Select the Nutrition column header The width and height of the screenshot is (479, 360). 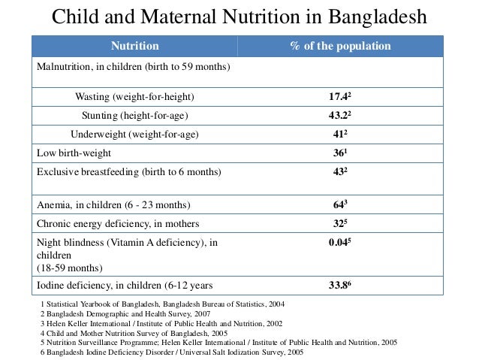pyautogui.click(x=135, y=47)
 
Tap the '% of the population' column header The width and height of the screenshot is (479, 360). pyautogui.click(x=340, y=47)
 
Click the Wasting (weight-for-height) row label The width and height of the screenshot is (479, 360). pyautogui.click(x=134, y=97)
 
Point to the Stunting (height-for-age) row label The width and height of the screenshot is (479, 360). pyautogui.click(x=134, y=116)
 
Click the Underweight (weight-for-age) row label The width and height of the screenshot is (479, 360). pyautogui.click(x=134, y=135)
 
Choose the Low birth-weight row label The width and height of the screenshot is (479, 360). pyautogui.click(x=73, y=153)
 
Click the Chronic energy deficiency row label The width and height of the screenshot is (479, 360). pyautogui.click(x=118, y=223)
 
